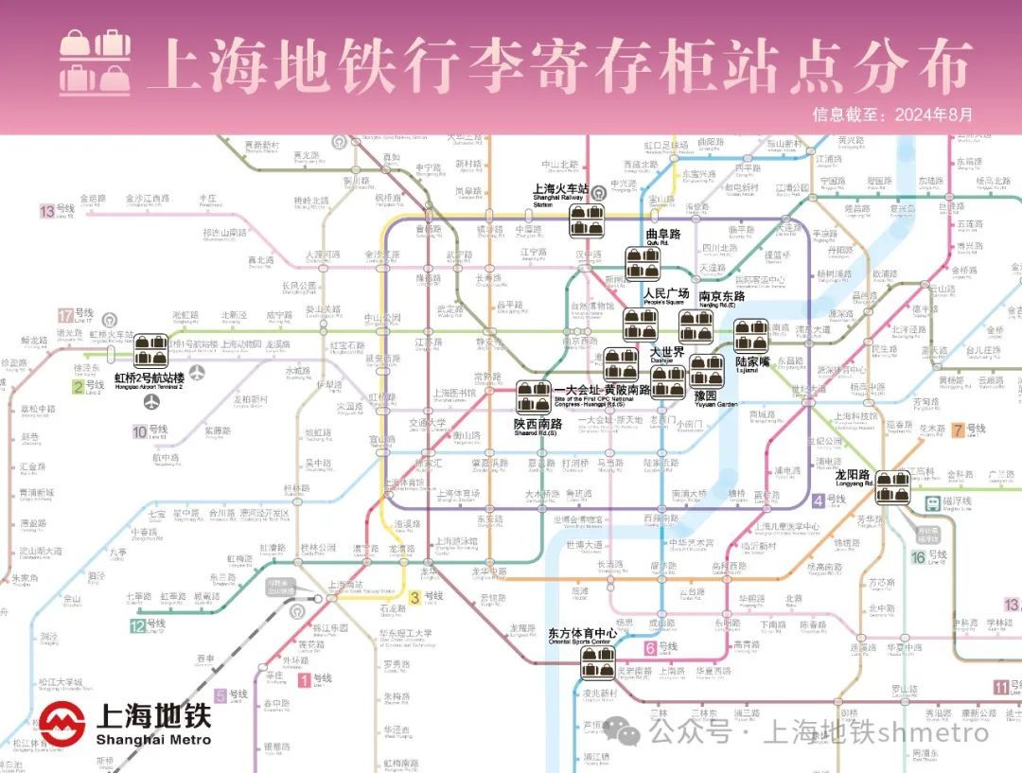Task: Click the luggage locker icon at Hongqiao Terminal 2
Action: click(x=150, y=350)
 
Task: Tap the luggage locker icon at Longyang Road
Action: click(x=891, y=487)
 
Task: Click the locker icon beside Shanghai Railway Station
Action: click(x=587, y=220)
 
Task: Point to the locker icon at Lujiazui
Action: click(x=752, y=335)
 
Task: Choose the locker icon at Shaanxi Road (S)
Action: click(x=533, y=396)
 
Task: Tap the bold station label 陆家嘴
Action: click(x=754, y=360)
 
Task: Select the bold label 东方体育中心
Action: click(x=583, y=633)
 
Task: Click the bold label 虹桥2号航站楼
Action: click(x=149, y=378)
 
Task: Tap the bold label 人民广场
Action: click(x=666, y=293)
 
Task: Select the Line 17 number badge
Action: click(x=65, y=315)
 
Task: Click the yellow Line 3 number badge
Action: click(x=414, y=596)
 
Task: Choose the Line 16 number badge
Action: click(x=918, y=556)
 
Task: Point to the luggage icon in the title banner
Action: click(x=96, y=63)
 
